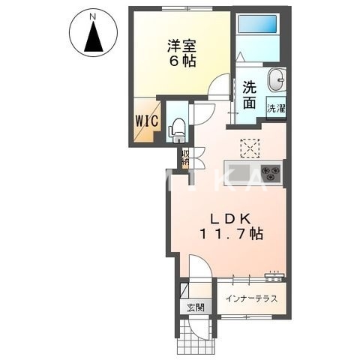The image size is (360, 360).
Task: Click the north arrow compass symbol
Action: [x=94, y=37]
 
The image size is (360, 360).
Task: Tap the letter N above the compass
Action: [x=93, y=15]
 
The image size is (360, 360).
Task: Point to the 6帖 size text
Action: [x=181, y=61]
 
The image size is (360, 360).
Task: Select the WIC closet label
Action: [x=146, y=120]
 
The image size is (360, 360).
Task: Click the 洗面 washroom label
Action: [x=250, y=93]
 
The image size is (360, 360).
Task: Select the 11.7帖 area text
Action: [x=232, y=234]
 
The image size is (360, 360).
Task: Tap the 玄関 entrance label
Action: [x=194, y=307]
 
